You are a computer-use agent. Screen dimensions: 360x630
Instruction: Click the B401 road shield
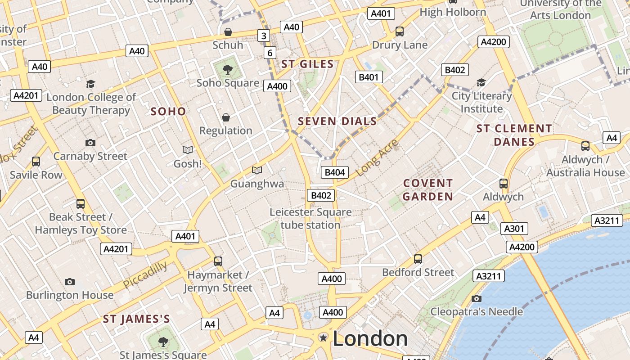tap(369, 77)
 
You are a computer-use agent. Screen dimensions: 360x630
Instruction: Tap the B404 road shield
tap(335, 172)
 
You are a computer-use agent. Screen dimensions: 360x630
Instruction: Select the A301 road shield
tap(514, 229)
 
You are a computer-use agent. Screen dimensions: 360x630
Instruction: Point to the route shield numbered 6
tap(270, 53)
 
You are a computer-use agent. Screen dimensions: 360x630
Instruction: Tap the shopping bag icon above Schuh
tap(228, 32)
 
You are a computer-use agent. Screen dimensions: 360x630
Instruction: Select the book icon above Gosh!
tap(188, 150)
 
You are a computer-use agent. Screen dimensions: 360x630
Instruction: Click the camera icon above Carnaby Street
tap(90, 143)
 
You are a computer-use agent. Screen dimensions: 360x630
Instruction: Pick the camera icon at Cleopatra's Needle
tap(477, 298)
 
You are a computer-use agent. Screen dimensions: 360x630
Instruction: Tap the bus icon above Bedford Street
tap(418, 259)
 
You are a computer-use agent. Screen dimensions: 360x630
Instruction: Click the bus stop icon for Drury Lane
tap(400, 31)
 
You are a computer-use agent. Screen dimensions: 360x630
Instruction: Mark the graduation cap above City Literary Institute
tap(481, 82)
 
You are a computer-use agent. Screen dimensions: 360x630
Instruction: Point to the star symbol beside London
tap(323, 337)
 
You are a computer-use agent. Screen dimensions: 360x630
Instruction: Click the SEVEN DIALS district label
tap(337, 121)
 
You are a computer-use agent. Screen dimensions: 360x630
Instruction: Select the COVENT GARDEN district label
tap(427, 190)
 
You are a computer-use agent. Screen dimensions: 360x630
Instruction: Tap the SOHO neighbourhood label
tap(168, 111)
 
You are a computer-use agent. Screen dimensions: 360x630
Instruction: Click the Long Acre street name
tap(377, 157)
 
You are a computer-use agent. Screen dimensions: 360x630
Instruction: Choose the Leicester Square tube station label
tap(310, 218)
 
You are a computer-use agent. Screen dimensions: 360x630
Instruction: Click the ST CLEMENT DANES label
tap(514, 135)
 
